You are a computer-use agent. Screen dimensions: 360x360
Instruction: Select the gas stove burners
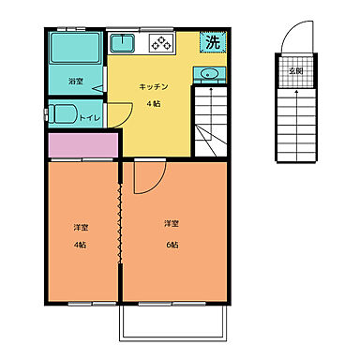point(158,43)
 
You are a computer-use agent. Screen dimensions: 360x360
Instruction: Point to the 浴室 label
point(76,82)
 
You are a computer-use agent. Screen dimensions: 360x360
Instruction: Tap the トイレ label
point(90,118)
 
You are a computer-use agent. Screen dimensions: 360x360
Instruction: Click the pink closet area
point(82,145)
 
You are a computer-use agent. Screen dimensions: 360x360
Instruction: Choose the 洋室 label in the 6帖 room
point(171,223)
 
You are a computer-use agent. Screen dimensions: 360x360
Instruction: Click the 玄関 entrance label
point(294,70)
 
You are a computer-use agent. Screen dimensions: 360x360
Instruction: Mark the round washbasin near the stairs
point(207,73)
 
